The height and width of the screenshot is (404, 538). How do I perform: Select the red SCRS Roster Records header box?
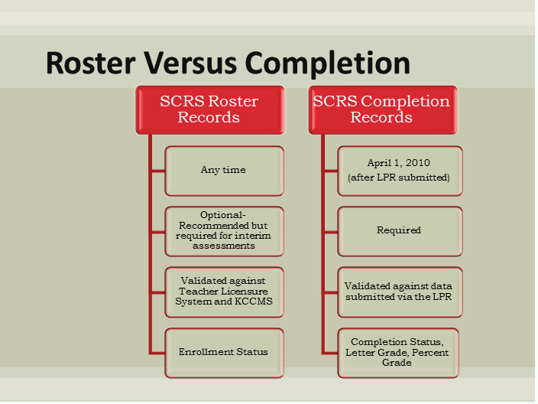(x=209, y=109)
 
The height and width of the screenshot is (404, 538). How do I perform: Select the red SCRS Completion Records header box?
(x=381, y=109)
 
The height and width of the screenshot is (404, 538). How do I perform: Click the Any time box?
(x=223, y=170)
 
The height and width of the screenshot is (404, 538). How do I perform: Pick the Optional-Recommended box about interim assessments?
(x=223, y=230)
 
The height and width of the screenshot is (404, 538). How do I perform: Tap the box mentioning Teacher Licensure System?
(x=223, y=291)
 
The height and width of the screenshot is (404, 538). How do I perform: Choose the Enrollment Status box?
(x=223, y=352)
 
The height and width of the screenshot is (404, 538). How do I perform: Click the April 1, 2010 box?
(x=398, y=170)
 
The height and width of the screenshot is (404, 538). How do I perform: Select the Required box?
(x=398, y=230)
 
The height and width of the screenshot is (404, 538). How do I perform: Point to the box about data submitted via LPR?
(x=398, y=291)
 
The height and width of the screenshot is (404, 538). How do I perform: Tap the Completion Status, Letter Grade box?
(x=398, y=352)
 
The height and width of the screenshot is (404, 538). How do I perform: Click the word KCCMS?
(x=254, y=301)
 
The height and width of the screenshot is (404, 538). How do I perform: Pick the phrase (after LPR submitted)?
(x=398, y=178)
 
